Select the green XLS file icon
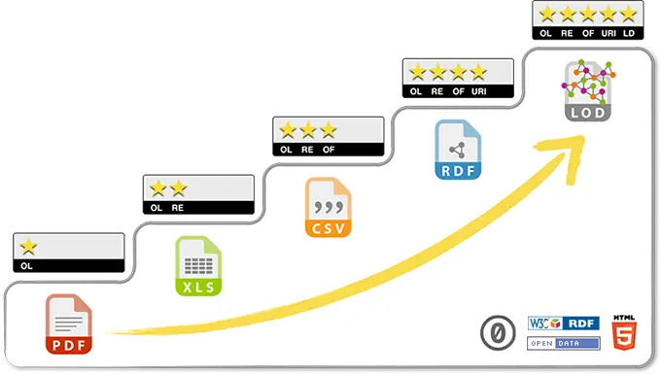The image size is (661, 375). pyautogui.click(x=197, y=266)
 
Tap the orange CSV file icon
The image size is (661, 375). pyautogui.click(x=328, y=207)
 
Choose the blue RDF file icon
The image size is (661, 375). pyautogui.click(x=457, y=150)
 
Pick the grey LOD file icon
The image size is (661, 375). pyautogui.click(x=587, y=89)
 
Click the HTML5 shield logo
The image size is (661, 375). pyautogui.click(x=622, y=332)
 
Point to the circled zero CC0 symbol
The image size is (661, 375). pyautogui.click(x=497, y=333)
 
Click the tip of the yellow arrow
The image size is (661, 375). pyautogui.click(x=581, y=137)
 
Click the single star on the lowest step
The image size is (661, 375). pyautogui.click(x=29, y=247)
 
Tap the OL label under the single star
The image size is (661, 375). pyautogui.click(x=26, y=264)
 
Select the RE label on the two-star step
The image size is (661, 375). pyautogui.click(x=178, y=208)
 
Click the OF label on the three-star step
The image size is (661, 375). pyautogui.click(x=329, y=150)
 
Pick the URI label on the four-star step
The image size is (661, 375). pyautogui.click(x=478, y=92)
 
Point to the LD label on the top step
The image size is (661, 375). pyautogui.click(x=628, y=34)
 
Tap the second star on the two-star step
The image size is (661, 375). pyautogui.click(x=178, y=188)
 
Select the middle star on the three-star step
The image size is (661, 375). pyautogui.click(x=307, y=129)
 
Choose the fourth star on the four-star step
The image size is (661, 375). pyautogui.click(x=477, y=72)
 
